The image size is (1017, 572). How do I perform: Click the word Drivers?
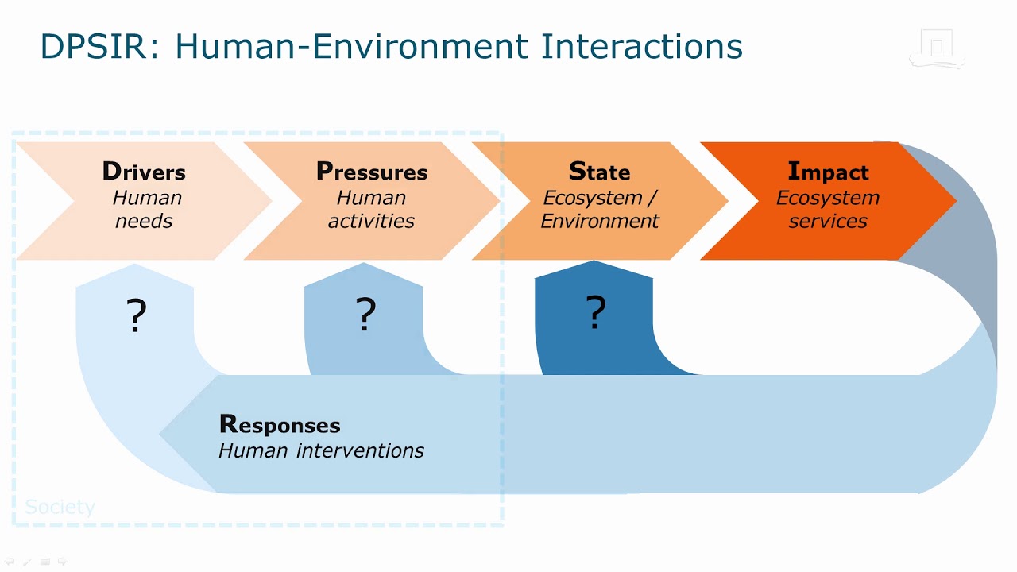144,172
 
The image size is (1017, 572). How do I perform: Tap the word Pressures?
372,172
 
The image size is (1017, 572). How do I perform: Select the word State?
599,172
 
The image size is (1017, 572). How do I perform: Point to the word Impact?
828,172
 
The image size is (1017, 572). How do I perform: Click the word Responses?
280,425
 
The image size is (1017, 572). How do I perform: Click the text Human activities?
372,209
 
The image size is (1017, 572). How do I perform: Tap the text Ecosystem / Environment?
600,209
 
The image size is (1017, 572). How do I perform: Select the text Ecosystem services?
828,209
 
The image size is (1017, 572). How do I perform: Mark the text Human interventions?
321,451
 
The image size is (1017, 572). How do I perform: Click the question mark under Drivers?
137,315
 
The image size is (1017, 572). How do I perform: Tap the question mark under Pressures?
365,315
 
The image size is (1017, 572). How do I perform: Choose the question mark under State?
596,312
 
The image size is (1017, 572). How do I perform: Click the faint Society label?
60,507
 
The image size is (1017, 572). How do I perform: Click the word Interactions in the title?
642,47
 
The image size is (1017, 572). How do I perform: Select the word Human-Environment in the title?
351,47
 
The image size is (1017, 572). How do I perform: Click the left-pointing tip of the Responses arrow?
164,435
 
